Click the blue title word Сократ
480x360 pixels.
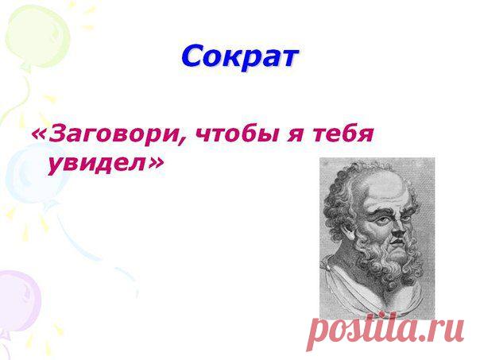coord(239,56)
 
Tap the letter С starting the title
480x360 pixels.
coord(193,56)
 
